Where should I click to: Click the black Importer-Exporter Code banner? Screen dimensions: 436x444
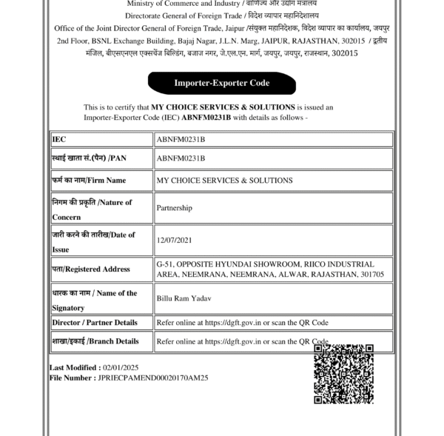[x=221, y=83]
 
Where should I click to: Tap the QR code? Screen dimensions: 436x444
[x=343, y=373]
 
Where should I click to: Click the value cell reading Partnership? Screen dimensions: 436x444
[x=175, y=208]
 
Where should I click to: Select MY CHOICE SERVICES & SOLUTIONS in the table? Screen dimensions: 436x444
[x=224, y=180]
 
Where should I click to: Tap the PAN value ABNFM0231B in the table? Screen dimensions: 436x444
[x=181, y=158]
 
